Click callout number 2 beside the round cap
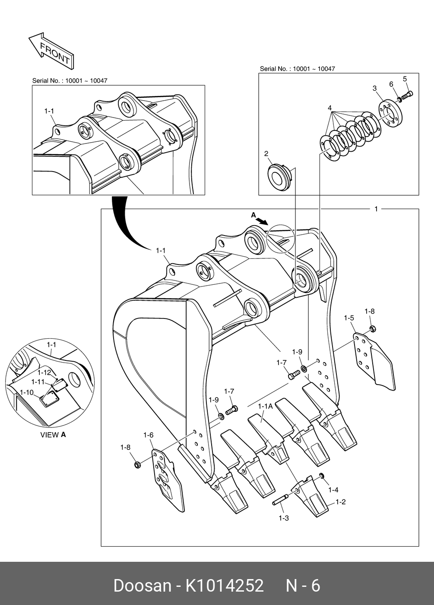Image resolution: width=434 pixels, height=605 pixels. (x=266, y=153)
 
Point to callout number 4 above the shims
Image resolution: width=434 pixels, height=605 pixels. (x=329, y=108)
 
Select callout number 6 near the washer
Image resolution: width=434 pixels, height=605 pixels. (x=391, y=84)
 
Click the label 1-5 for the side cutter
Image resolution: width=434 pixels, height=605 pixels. (x=349, y=318)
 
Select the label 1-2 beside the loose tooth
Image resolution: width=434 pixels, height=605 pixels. (x=340, y=502)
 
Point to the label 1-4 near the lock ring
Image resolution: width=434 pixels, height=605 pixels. (x=333, y=490)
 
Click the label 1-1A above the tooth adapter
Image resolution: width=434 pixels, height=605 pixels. (x=265, y=406)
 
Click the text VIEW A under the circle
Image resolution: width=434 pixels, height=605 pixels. (x=53, y=435)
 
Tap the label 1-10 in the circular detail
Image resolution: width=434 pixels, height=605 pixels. (x=26, y=392)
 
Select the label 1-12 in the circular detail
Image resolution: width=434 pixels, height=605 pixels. (x=44, y=372)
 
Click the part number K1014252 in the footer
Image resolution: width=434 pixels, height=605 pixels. (x=225, y=586)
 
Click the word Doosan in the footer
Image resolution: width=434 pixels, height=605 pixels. (x=142, y=586)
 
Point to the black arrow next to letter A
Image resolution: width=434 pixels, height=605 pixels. (x=262, y=221)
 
